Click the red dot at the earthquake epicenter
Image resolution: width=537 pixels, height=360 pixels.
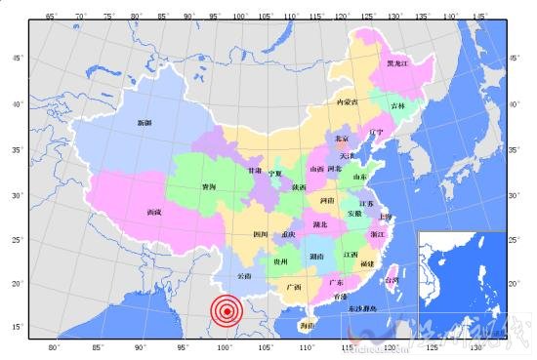(227, 311)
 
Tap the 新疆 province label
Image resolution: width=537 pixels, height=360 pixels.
(145, 122)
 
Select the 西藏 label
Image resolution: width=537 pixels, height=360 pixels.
(154, 212)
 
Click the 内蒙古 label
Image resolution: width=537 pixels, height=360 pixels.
(347, 101)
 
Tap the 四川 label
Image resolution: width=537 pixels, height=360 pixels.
(260, 235)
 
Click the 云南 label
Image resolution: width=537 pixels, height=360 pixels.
(244, 276)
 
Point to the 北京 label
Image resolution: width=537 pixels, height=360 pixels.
(341, 140)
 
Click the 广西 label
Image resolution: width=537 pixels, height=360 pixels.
(294, 288)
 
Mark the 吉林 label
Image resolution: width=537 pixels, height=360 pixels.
(397, 104)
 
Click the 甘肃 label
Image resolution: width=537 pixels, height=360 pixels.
(255, 171)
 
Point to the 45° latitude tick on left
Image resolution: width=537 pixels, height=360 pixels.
(17, 59)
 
